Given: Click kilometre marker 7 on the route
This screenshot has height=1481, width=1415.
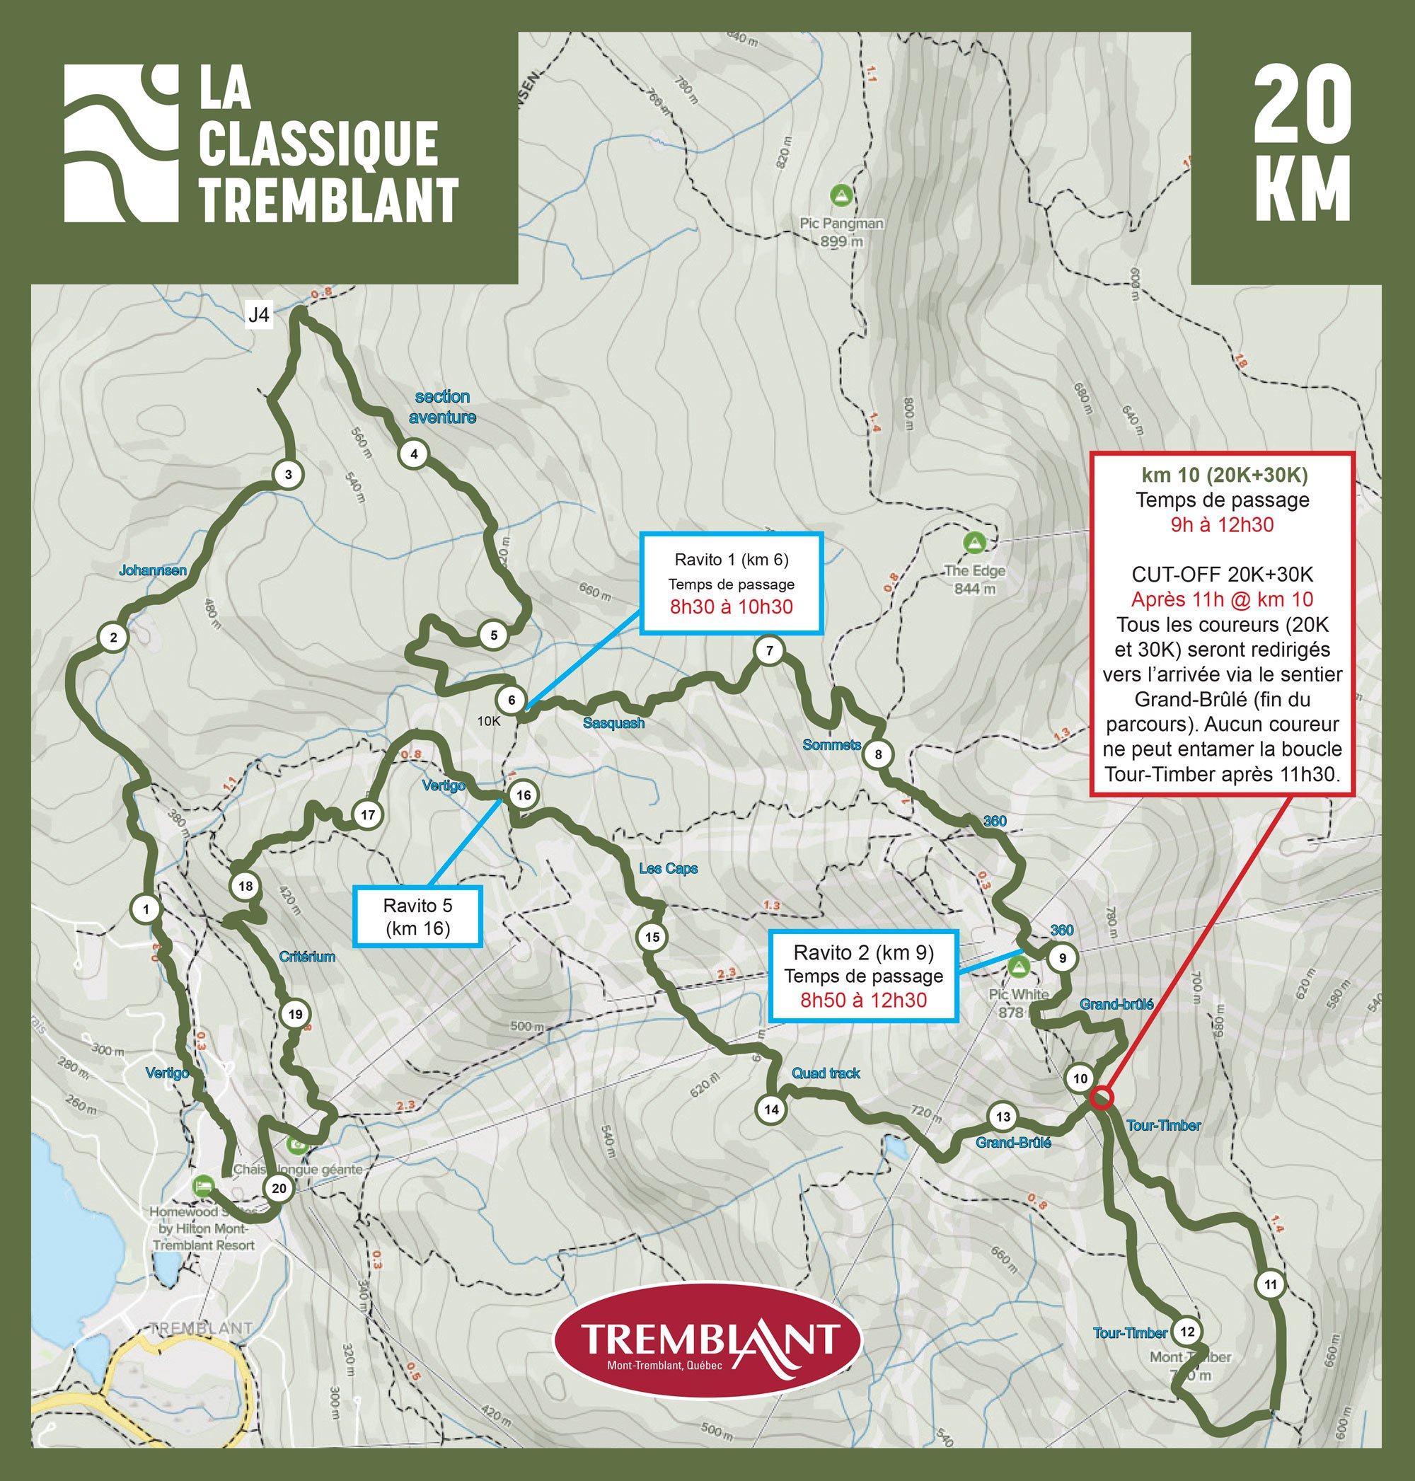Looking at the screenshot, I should click(x=768, y=650).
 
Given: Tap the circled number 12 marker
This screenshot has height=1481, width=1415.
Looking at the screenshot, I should click(x=1187, y=1331).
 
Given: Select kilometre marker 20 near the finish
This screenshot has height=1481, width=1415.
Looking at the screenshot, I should click(x=279, y=1188).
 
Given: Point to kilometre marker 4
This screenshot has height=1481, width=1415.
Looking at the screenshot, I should click(x=413, y=454).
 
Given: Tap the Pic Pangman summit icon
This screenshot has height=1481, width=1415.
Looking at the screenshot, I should click(x=841, y=195).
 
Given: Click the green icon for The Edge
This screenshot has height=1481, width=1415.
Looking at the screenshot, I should click(x=975, y=543).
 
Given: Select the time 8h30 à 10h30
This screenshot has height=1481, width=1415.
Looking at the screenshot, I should click(x=731, y=607).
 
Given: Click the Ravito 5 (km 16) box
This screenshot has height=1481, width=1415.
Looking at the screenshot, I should click(x=417, y=916).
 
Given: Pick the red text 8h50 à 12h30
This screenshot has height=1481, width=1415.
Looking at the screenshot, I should click(x=863, y=1001).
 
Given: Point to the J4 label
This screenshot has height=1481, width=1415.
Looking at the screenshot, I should click(x=259, y=316).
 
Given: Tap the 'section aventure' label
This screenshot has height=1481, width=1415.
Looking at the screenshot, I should click(x=442, y=407).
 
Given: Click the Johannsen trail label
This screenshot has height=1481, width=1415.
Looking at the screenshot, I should click(x=152, y=570).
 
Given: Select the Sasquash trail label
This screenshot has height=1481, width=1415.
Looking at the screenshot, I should click(x=613, y=722).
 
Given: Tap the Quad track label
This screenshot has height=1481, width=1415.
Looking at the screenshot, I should click(x=825, y=1073).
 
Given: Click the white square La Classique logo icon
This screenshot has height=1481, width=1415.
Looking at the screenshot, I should click(x=121, y=144).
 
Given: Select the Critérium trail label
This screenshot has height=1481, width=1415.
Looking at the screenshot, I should click(x=307, y=957).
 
